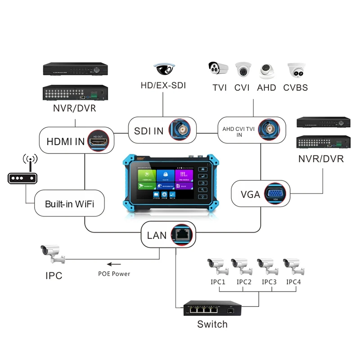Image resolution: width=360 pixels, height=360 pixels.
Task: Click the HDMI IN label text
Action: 66,141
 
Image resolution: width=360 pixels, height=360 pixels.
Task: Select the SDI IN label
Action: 148,131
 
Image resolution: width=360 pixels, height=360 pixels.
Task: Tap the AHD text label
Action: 266,87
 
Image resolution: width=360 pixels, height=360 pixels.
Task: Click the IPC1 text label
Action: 218,282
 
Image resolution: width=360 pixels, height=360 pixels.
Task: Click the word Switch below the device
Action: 212,324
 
